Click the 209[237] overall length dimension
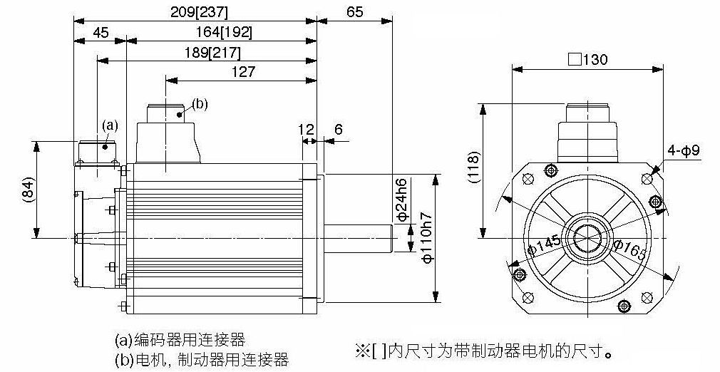click(199, 12)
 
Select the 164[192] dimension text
click(224, 33)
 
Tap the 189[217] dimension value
click(212, 53)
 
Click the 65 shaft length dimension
click(354, 12)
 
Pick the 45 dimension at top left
click(101, 33)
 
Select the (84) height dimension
click(29, 190)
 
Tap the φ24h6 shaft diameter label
click(401, 200)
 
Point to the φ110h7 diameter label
click(426, 237)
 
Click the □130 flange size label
click(587, 59)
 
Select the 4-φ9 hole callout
click(684, 150)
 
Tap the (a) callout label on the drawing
click(110, 125)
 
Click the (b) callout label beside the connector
click(200, 104)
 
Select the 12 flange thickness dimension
click(305, 130)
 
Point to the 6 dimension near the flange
click(339, 130)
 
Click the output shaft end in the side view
click(391, 238)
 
